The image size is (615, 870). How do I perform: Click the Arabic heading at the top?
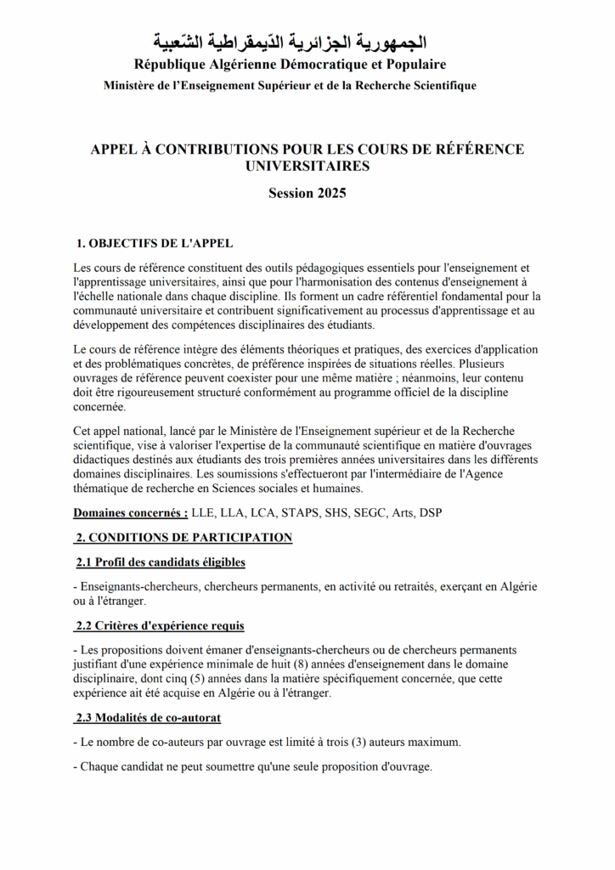click(x=290, y=42)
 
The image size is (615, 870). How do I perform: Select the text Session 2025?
click(x=307, y=193)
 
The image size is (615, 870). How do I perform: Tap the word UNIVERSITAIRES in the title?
click(x=307, y=167)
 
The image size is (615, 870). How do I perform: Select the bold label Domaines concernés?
click(x=130, y=513)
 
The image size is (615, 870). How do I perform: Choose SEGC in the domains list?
click(x=385, y=513)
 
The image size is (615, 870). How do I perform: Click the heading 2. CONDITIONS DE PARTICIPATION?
click(x=183, y=538)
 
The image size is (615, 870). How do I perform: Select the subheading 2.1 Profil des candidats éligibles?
click(x=161, y=562)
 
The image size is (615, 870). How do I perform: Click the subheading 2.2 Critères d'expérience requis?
click(x=160, y=626)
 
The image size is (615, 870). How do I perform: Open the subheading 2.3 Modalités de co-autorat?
click(x=148, y=718)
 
